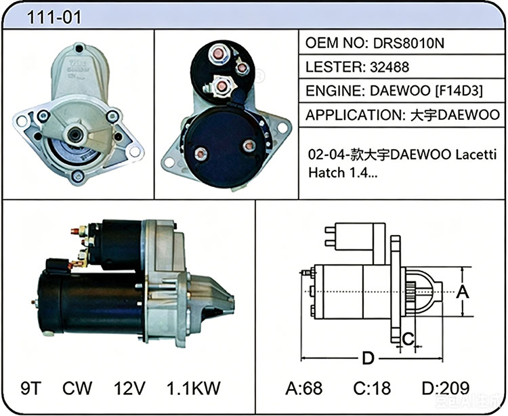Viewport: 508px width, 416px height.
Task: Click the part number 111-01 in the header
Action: [x=54, y=17]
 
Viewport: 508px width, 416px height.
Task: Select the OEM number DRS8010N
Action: [x=409, y=43]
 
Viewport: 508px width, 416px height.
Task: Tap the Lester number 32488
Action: [x=389, y=67]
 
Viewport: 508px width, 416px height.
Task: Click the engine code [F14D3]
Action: [x=459, y=91]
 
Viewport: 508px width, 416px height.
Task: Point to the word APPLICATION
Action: [x=353, y=115]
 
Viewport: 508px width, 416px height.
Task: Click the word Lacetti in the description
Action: [x=476, y=155]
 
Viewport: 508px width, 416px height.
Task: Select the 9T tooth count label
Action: [x=31, y=388]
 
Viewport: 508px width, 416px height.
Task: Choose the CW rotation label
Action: [x=77, y=388]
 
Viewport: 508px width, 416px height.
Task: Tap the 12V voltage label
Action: [x=129, y=388]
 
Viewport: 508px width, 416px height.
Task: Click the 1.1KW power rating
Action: [x=194, y=388]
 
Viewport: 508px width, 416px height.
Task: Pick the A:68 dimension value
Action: [x=304, y=388]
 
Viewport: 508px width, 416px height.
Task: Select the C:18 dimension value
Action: [x=372, y=388]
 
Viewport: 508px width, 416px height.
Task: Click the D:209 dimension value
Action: [x=446, y=388]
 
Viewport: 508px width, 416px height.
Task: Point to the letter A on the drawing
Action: [x=463, y=292]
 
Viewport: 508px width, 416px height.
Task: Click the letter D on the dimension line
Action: [x=368, y=358]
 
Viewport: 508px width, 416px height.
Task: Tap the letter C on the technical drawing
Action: [x=408, y=339]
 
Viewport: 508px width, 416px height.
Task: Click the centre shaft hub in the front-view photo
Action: [x=75, y=134]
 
